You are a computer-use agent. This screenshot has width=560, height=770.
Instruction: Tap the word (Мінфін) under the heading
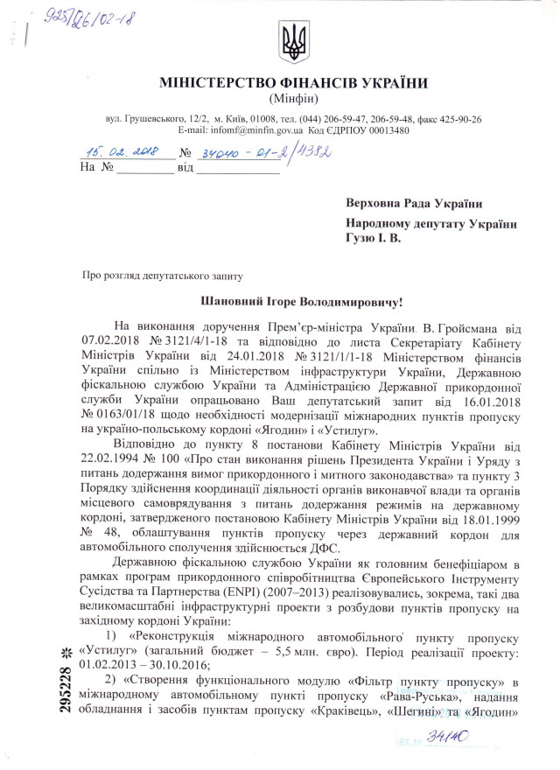pyautogui.click(x=293, y=99)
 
